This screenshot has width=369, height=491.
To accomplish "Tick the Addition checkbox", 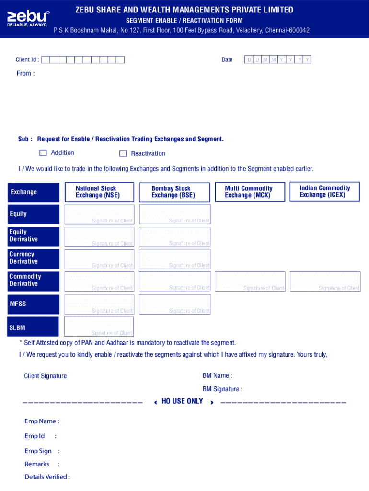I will [x=43, y=153].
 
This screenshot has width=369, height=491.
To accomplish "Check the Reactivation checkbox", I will [x=123, y=153].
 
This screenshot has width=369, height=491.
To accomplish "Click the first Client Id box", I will [x=46, y=60].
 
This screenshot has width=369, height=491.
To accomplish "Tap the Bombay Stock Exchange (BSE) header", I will [x=174, y=192].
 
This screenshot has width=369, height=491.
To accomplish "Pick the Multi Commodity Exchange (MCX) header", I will [x=249, y=192].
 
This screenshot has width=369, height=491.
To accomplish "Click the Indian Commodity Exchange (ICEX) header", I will [x=324, y=191].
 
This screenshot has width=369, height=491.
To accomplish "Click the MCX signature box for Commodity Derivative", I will [x=250, y=281].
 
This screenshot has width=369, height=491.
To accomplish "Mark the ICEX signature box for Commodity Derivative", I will [x=325, y=281].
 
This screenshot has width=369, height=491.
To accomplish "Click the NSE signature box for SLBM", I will [x=99, y=327].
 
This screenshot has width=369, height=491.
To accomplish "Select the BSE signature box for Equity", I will [x=174, y=214].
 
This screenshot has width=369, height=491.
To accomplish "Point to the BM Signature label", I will [x=222, y=389].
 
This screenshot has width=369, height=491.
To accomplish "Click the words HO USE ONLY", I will [x=182, y=401].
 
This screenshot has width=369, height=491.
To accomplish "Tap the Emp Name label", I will [x=42, y=421].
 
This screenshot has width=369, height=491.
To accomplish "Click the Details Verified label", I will [x=47, y=477].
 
